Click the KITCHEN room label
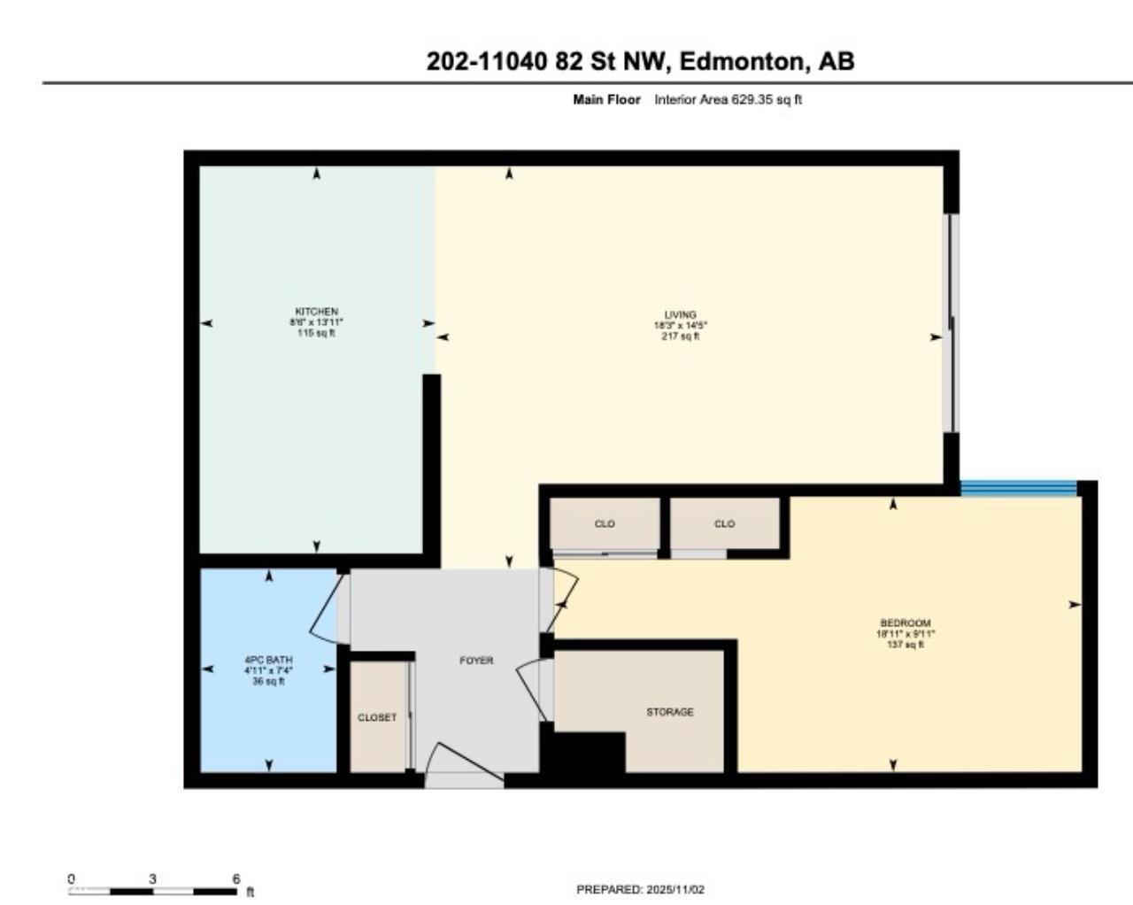[x=316, y=312]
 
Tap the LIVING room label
[x=680, y=314]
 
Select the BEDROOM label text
[x=905, y=623]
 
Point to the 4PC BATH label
[x=268, y=660]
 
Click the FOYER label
[x=476, y=661]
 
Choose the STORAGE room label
[x=669, y=712]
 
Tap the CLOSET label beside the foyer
[x=377, y=717]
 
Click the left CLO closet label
[x=605, y=523]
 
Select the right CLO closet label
[x=724, y=523]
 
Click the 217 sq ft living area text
[x=680, y=336]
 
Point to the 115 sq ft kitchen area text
[x=316, y=334]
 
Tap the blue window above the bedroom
[x=1018, y=487]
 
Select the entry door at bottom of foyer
[x=462, y=767]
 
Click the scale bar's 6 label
[x=235, y=879]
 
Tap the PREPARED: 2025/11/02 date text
[x=640, y=890]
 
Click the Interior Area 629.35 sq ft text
[x=728, y=100]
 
